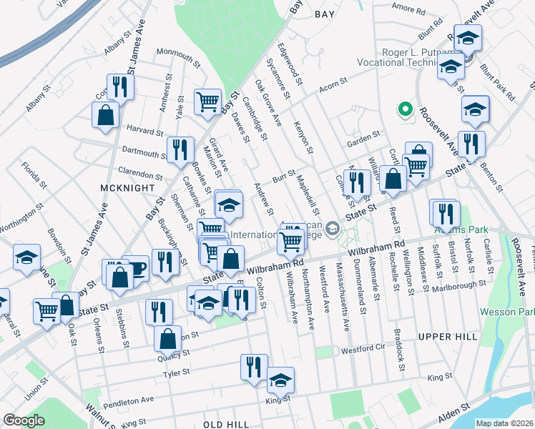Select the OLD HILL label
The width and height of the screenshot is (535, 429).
[x=226, y=425]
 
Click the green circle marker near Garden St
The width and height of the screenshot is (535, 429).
[x=405, y=110]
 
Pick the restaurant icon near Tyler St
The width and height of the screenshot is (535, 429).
[x=254, y=367]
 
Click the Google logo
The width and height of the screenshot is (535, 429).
[x=24, y=420]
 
